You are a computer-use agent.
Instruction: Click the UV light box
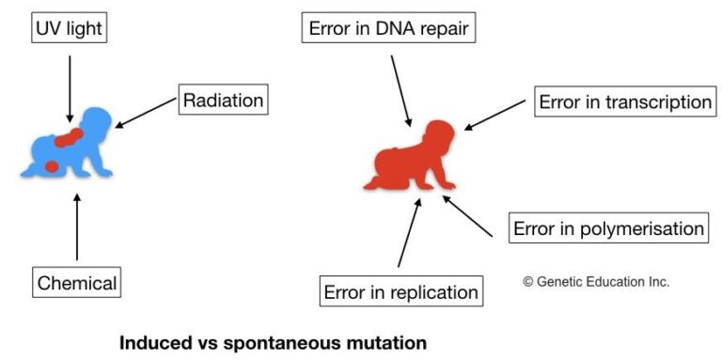point(68,29)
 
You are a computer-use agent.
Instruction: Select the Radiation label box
point(223,100)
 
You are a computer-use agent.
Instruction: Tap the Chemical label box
point(77,282)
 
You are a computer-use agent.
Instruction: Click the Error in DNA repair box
point(388,29)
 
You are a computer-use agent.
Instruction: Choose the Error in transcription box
point(625,102)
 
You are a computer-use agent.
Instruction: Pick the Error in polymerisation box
point(607,228)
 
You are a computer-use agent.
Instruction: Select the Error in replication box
point(401,291)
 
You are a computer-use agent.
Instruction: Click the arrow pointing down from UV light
point(68,89)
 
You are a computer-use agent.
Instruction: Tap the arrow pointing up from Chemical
point(77,227)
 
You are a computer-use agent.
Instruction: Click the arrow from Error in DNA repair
point(400,89)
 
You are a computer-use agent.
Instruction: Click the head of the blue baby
point(96,122)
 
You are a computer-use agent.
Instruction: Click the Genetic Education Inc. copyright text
point(596,281)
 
